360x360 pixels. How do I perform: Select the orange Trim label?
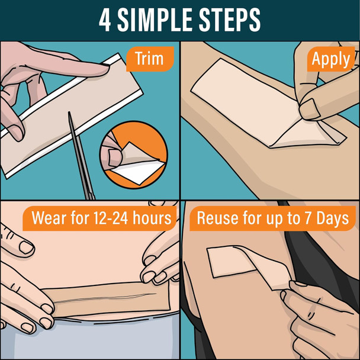coord(149,59)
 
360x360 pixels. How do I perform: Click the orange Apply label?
coord(330,59)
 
